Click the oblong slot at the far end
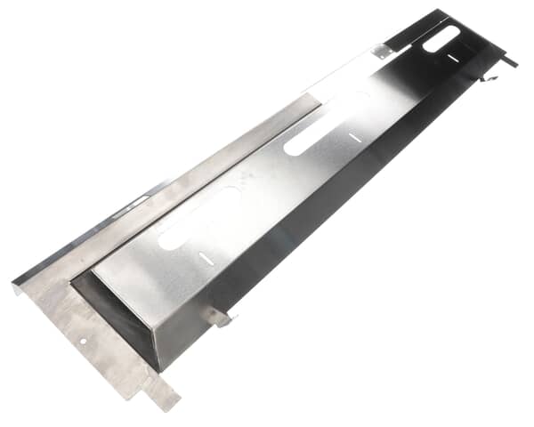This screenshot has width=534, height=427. [x=441, y=37]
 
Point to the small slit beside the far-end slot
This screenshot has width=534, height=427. [x=453, y=59]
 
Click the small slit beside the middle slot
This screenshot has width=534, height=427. [x=355, y=138]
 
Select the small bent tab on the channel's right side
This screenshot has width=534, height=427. [x=217, y=315]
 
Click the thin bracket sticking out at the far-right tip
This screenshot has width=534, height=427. [x=508, y=60]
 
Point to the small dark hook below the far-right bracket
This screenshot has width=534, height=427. [x=486, y=78]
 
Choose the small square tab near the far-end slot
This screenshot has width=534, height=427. [x=383, y=52]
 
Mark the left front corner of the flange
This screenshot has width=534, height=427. [x=16, y=286]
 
